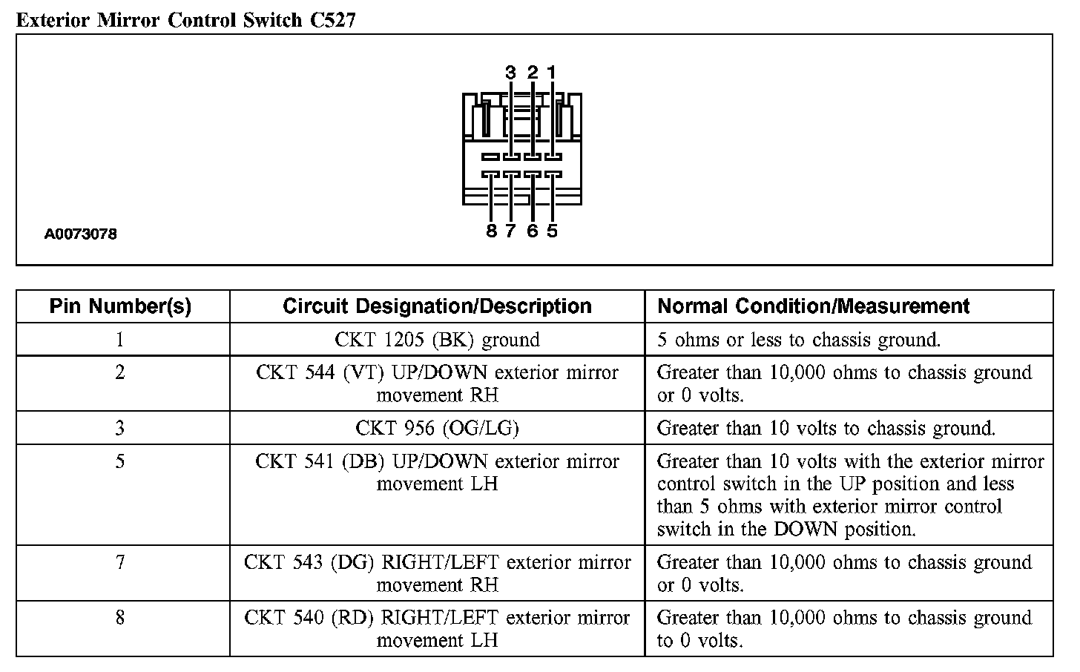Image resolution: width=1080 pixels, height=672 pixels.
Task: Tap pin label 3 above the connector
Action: pyautogui.click(x=510, y=73)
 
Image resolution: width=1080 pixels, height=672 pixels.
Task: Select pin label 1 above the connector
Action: pyautogui.click(x=551, y=72)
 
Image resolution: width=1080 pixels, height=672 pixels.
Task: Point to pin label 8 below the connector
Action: pyautogui.click(x=491, y=231)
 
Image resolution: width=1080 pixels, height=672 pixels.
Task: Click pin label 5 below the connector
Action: pyautogui.click(x=552, y=231)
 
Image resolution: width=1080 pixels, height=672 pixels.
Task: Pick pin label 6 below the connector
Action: pyautogui.click(x=532, y=231)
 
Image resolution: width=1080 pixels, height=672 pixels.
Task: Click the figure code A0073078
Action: pyautogui.click(x=81, y=234)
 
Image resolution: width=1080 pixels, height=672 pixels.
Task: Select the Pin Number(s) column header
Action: pyautogui.click(x=120, y=306)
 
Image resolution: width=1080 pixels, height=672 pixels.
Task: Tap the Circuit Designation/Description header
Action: pyautogui.click(x=437, y=306)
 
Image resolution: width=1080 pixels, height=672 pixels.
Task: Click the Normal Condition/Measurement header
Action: pyautogui.click(x=814, y=306)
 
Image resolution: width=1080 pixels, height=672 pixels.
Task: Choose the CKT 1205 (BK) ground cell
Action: pyautogui.click(x=437, y=340)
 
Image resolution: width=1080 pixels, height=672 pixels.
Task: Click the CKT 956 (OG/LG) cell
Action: pyautogui.click(x=437, y=428)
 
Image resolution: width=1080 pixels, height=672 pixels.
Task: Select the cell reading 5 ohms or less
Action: pyautogui.click(x=799, y=340)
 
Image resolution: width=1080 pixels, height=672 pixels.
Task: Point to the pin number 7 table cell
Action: pyautogui.click(x=120, y=562)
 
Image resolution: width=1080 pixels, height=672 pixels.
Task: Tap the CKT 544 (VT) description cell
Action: pyautogui.click(x=437, y=383)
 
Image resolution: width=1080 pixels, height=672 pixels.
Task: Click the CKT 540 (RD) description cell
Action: pyautogui.click(x=437, y=628)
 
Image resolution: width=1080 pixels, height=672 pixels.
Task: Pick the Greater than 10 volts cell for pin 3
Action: pyautogui.click(x=826, y=428)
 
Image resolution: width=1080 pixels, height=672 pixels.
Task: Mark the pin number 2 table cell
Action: pyautogui.click(x=120, y=372)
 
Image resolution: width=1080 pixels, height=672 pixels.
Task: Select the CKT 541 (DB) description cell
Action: pyautogui.click(x=437, y=472)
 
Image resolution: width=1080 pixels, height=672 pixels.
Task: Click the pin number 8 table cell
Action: pyautogui.click(x=120, y=618)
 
